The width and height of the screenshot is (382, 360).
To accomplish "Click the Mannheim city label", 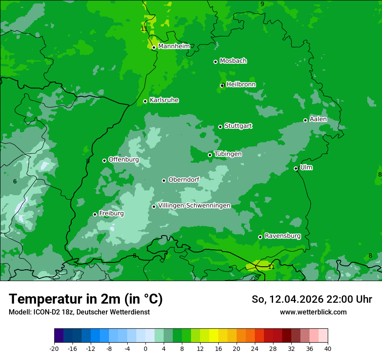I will pyautogui.click(x=174, y=46).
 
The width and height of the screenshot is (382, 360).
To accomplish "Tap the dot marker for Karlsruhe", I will pyautogui.click(x=145, y=101).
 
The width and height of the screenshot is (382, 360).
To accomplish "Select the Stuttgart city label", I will pyautogui.click(x=238, y=126).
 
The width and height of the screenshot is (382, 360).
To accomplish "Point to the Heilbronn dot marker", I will pyautogui.click(x=223, y=85).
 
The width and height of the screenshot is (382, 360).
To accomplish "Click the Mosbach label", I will pyautogui.click(x=233, y=61).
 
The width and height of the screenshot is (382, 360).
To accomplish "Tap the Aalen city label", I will pyautogui.click(x=318, y=119).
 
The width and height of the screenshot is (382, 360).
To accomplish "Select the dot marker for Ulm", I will pyautogui.click(x=296, y=168).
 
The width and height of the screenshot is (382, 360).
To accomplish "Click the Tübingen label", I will pyautogui.click(x=228, y=154).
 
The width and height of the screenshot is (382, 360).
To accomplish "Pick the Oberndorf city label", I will pyautogui.click(x=184, y=180).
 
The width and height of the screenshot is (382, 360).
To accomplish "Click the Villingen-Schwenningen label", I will pyautogui.click(x=194, y=206).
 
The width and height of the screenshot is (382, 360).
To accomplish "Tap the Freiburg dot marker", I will pyautogui.click(x=95, y=214).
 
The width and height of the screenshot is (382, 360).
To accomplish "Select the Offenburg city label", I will pyautogui.click(x=124, y=160).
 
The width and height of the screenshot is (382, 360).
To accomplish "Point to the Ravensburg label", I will pyautogui.click(x=283, y=236).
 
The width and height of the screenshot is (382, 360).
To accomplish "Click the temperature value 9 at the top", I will pyautogui.click(x=262, y=4).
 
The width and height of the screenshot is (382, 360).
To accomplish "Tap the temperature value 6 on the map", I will pyautogui.click(x=15, y=181).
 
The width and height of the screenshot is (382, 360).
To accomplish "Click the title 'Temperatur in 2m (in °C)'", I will pyautogui.click(x=86, y=299).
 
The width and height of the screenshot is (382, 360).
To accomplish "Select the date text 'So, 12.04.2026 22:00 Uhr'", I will pyautogui.click(x=312, y=299).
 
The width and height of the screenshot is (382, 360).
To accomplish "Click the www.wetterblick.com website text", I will pyautogui.click(x=313, y=312).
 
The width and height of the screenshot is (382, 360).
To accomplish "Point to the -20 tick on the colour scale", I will pyautogui.click(x=54, y=348).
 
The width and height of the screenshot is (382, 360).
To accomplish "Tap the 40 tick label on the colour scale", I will pyautogui.click(x=328, y=348).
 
